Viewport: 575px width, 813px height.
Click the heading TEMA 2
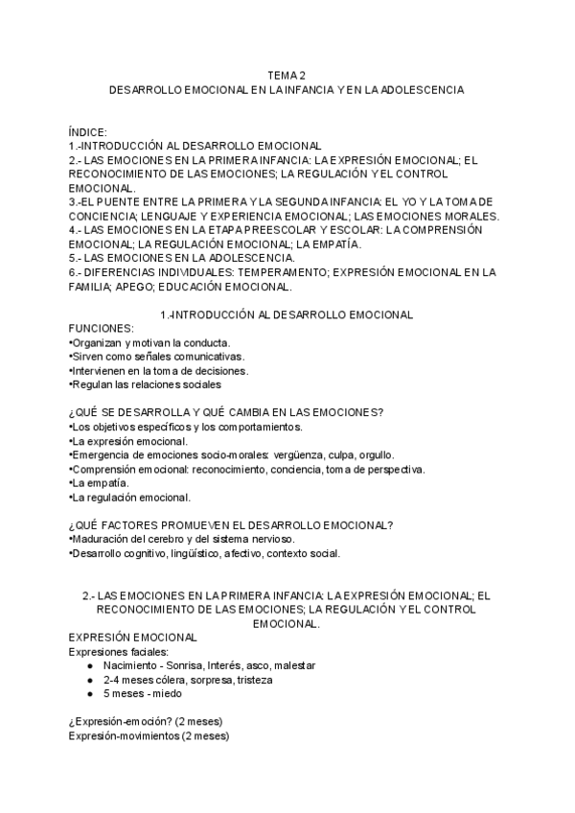click(x=287, y=75)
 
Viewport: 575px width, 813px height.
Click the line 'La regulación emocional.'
click(x=130, y=498)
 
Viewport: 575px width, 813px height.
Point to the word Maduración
click(x=103, y=539)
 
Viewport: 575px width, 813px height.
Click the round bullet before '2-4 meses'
click(x=89, y=680)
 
